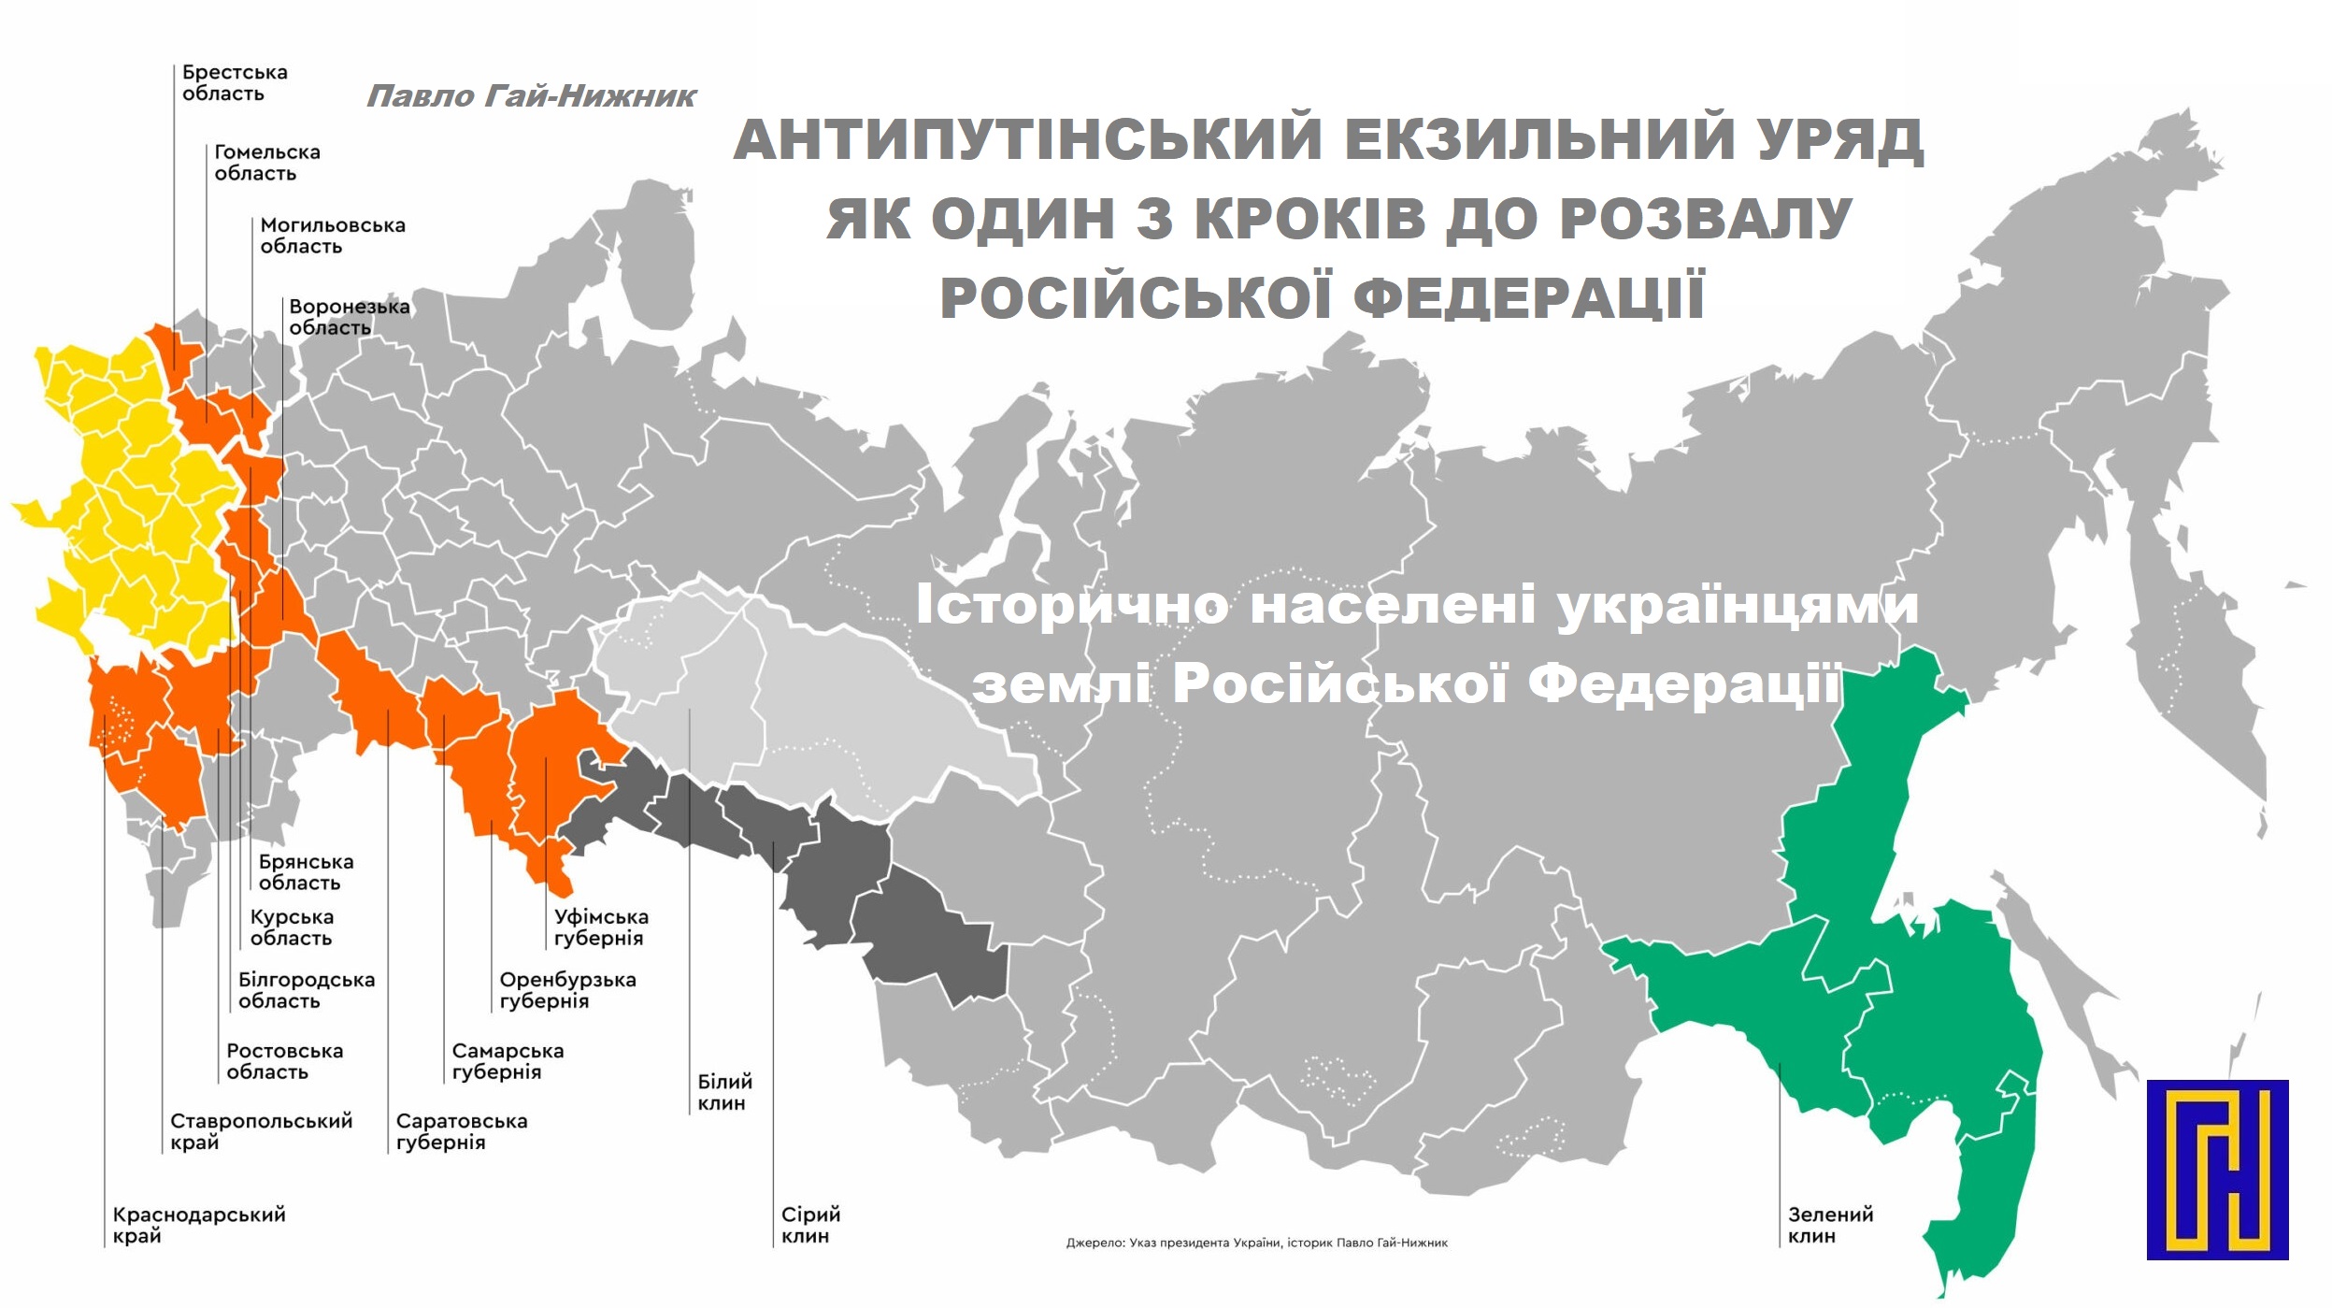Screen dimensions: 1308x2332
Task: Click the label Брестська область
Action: [x=234, y=83]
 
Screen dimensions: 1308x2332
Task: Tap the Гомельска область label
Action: [x=266, y=163]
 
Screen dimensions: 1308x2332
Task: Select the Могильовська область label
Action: [x=332, y=236]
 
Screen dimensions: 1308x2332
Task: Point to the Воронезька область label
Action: [x=348, y=317]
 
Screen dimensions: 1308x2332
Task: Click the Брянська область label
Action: [x=306, y=872]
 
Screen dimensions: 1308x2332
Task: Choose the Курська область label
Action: [x=291, y=927]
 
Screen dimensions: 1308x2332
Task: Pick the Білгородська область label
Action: [x=306, y=990]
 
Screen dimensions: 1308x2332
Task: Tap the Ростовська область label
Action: [x=284, y=1061]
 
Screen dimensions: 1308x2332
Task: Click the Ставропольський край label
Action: [x=261, y=1131]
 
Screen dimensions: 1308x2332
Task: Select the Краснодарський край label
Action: [x=198, y=1225]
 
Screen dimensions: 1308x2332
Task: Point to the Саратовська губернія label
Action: [x=461, y=1131]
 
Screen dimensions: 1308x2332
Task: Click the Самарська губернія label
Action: [x=507, y=1061]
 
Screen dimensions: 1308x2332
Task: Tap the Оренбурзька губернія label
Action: [x=566, y=990]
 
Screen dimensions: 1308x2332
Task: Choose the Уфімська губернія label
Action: [x=600, y=927]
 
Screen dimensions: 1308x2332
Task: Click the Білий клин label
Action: [x=723, y=1092]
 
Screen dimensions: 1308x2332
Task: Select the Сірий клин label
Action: [x=809, y=1225]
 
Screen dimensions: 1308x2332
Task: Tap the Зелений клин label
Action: [x=1829, y=1225]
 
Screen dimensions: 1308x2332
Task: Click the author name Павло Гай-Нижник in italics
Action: [x=530, y=96]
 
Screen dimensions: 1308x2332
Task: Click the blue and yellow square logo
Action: [x=2216, y=1169]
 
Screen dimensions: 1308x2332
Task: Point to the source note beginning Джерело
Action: [x=1256, y=1243]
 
